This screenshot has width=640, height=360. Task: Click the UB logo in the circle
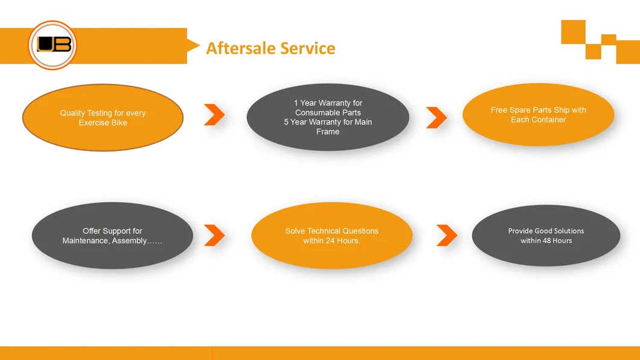pyautogui.click(x=53, y=45)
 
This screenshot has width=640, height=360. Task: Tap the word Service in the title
pyautogui.click(x=310, y=48)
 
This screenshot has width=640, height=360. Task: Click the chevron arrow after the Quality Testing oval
pyautogui.click(x=214, y=115)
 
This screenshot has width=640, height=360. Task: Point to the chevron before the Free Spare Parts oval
pyautogui.click(x=437, y=118)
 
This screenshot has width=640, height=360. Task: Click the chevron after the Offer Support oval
pyautogui.click(x=214, y=236)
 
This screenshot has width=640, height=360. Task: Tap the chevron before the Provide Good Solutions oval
pyautogui.click(x=447, y=236)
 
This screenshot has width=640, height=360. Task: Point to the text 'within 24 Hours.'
pyautogui.click(x=331, y=241)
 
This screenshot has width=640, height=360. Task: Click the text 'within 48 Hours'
pyautogui.click(x=546, y=241)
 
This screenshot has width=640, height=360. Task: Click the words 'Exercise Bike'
pyautogui.click(x=103, y=123)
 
